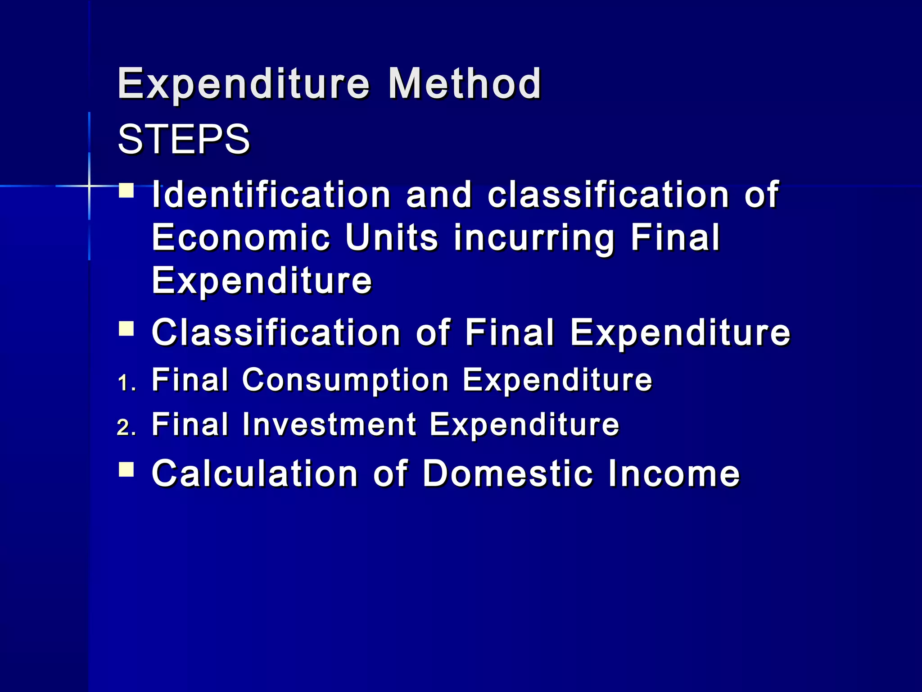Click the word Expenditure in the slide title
click(244, 84)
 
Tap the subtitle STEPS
click(184, 139)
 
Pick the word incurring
click(534, 239)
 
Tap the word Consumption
click(345, 380)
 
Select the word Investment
click(329, 424)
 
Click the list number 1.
click(126, 383)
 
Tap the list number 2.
click(126, 428)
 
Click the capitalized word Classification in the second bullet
click(276, 332)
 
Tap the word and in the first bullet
click(439, 195)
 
